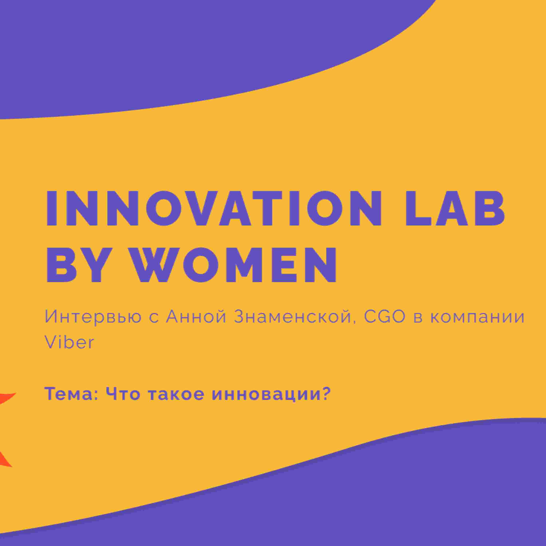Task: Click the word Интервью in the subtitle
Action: pyautogui.click(x=93, y=317)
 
